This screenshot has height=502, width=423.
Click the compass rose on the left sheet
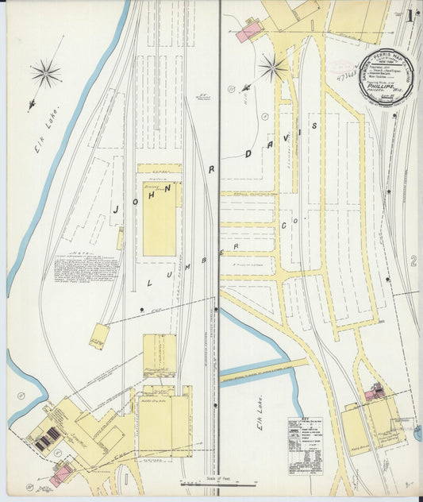pyautogui.click(x=46, y=74)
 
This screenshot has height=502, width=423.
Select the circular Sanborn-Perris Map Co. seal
pyautogui.click(x=385, y=76)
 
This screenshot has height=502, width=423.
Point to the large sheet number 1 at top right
pyautogui.click(x=409, y=15)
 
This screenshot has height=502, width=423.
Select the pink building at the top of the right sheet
pyautogui.click(x=248, y=31)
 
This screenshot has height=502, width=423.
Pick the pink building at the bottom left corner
pyautogui.click(x=61, y=474)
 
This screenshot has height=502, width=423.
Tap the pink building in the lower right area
pyautogui.click(x=375, y=392)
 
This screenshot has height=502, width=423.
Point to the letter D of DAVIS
pyautogui.click(x=251, y=153)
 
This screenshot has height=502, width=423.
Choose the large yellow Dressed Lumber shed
pyautogui.click(x=159, y=217)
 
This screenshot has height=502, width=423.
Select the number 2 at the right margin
pyautogui.click(x=413, y=261)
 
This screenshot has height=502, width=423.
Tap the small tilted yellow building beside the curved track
pyautogui.click(x=99, y=336)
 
